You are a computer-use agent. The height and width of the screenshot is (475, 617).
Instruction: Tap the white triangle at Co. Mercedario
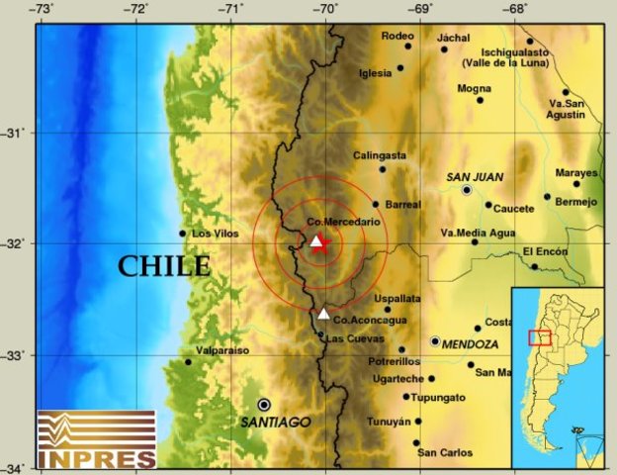tap(315, 240)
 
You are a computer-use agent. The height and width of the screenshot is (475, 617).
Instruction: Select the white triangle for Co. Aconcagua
tap(323, 314)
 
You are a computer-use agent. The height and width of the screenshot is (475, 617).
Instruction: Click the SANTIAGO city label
tap(276, 422)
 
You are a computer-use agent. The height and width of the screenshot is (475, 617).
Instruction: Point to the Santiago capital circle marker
tap(264, 404)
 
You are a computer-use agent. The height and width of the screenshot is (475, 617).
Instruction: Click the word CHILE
tap(164, 266)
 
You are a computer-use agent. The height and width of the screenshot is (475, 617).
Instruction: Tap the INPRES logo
tap(96, 438)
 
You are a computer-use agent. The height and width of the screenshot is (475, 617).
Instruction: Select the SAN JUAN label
tap(475, 177)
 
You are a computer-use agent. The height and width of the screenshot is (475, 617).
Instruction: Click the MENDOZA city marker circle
tap(435, 341)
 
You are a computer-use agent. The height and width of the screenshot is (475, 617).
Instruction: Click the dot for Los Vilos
tap(182, 234)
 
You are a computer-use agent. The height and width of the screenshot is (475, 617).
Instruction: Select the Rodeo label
tap(396, 37)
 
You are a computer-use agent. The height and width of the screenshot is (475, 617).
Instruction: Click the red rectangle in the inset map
tap(539, 336)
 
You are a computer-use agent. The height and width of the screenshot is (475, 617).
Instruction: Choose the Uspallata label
tap(397, 298)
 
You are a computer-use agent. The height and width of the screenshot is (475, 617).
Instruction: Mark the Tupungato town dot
tap(405, 396)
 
